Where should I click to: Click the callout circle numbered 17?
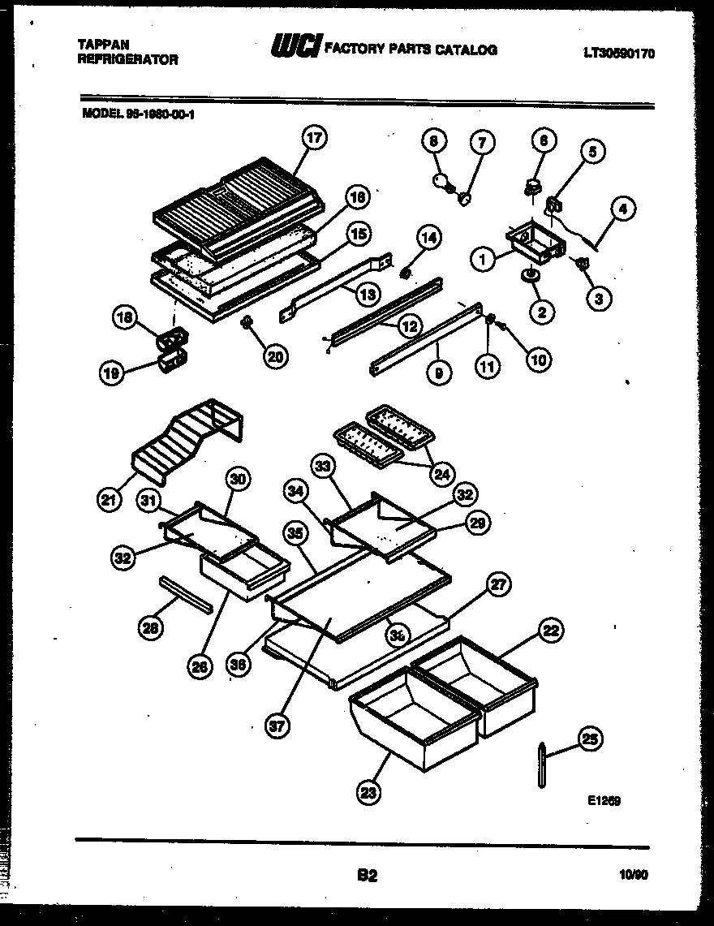(313, 138)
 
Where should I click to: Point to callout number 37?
(278, 726)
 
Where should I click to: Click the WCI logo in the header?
(296, 48)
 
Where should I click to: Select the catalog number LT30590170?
(618, 54)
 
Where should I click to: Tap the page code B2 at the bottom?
(367, 875)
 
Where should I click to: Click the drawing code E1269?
(604, 800)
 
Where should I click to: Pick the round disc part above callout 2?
(531, 278)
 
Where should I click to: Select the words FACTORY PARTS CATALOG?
(410, 50)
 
